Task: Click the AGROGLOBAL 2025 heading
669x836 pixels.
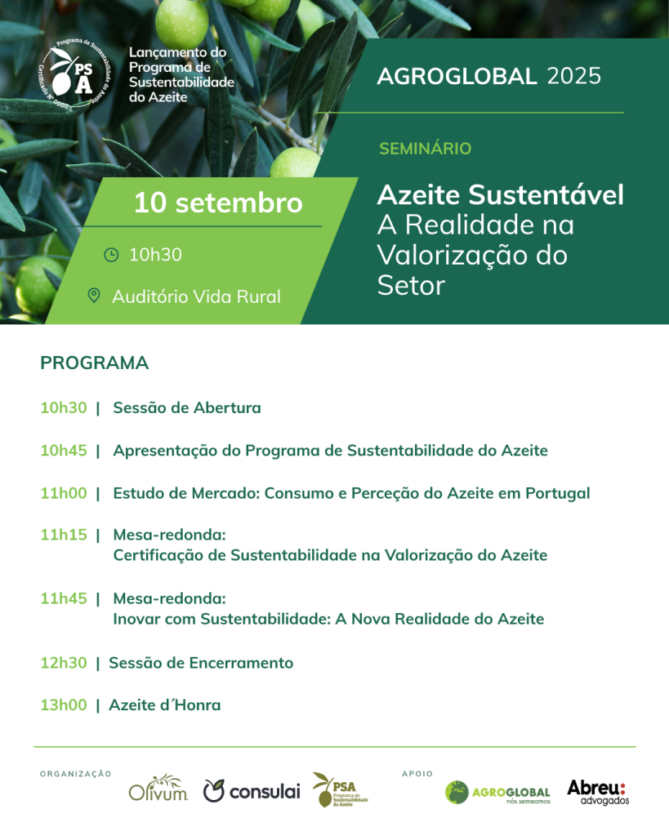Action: coord(488,77)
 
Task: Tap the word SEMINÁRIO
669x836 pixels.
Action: coord(425,149)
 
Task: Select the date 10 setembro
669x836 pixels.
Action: coord(218,202)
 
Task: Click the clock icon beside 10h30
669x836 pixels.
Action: coord(111,255)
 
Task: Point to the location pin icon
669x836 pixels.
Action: coord(94,296)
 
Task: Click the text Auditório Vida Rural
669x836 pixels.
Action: coord(196,296)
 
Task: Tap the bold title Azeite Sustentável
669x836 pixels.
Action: coord(500,195)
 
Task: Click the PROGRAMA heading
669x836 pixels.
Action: coord(94,363)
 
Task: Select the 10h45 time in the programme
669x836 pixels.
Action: coord(64,451)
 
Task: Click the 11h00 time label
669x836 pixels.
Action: coord(64,493)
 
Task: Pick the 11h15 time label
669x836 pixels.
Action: coord(64,535)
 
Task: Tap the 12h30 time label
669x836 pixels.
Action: coord(64,663)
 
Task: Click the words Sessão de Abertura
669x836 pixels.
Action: coord(187,407)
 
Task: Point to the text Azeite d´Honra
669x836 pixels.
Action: coord(164,705)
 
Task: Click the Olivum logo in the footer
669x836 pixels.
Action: coord(158,788)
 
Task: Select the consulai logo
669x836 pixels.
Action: coord(252,790)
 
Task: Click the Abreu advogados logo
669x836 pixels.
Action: coord(597,791)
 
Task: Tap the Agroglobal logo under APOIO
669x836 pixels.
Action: coord(497,792)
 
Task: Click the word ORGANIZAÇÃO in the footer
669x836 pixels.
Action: coord(75,774)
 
